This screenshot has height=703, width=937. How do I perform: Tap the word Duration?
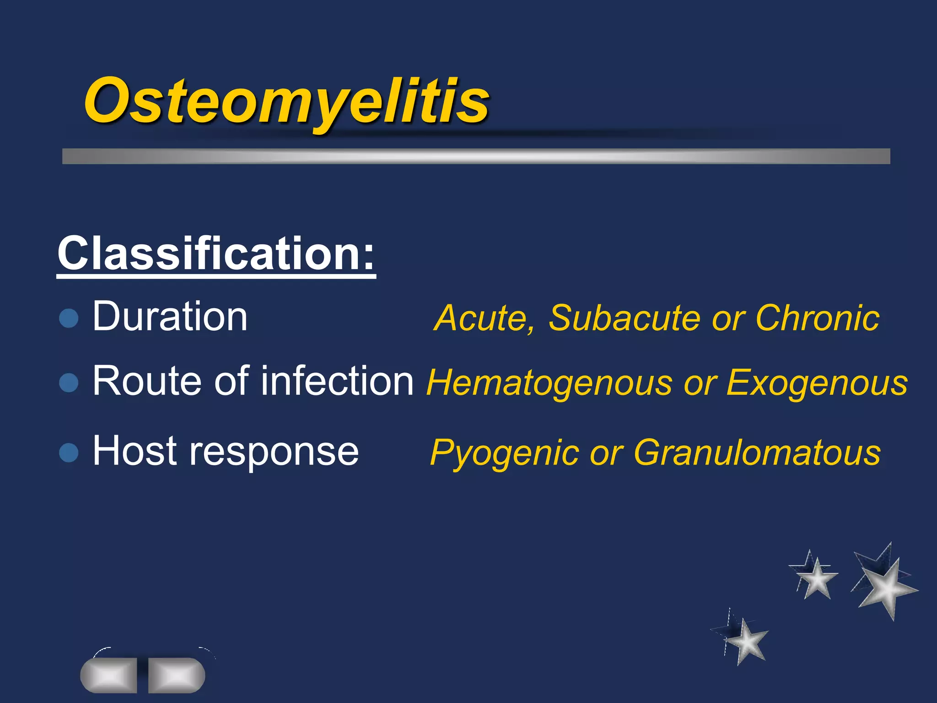pos(170,316)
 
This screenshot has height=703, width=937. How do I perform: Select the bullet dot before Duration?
pos(69,318)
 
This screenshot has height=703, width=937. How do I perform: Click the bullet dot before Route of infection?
pos(69,383)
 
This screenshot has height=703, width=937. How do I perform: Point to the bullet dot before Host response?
pos(69,453)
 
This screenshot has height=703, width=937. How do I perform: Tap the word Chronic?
pos(817,318)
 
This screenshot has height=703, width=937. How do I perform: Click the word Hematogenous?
pos(549,383)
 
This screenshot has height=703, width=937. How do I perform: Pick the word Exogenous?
pos(817,383)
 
